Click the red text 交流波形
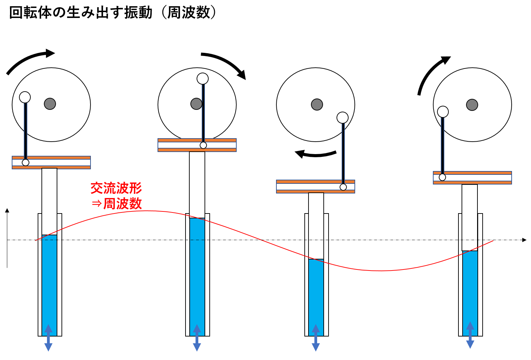(116, 188)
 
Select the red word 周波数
(123, 204)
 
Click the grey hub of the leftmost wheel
(50, 104)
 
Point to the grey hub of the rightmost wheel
(472, 105)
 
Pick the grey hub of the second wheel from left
(196, 104)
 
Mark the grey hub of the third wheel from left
(317, 104)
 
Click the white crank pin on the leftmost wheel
(25, 97)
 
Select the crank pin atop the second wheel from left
(203, 79)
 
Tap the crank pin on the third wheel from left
(342, 118)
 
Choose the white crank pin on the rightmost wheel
(443, 112)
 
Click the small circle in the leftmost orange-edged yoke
(26, 162)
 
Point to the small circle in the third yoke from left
(343, 187)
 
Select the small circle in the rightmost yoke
(442, 177)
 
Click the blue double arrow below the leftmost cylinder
(48, 338)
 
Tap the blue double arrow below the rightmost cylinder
(470, 335)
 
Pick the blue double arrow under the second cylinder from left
(197, 338)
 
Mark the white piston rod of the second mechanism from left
(197, 185)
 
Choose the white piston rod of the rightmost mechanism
(470, 218)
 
